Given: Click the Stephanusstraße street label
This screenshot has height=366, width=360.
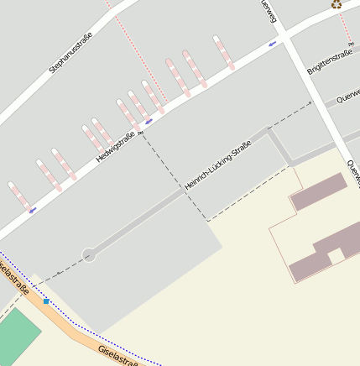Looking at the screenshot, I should (x=70, y=52).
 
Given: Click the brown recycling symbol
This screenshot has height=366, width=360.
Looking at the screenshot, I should (x=337, y=4).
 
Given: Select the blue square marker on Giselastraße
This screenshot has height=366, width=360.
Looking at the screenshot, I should (x=46, y=301).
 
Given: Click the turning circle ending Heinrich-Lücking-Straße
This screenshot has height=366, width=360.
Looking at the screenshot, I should (x=89, y=254).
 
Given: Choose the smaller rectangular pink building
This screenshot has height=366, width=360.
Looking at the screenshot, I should (x=318, y=192).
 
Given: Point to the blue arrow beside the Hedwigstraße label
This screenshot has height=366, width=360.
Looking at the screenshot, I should (x=149, y=122).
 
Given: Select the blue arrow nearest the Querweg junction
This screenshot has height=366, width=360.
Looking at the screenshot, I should (x=272, y=43).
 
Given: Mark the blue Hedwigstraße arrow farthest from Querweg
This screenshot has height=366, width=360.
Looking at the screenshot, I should (x=33, y=210).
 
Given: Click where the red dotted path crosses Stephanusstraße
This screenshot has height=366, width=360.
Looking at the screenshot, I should (x=108, y=3).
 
